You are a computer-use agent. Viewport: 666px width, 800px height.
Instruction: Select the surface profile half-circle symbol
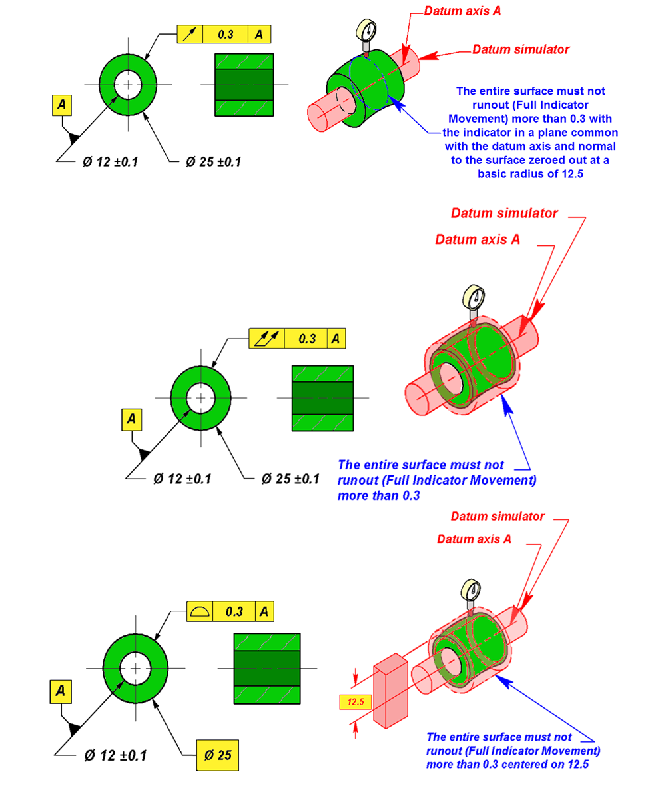coord(199,611)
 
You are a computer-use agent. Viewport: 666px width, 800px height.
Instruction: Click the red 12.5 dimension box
coord(354,701)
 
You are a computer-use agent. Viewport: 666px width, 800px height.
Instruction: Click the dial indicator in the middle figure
coord(474,297)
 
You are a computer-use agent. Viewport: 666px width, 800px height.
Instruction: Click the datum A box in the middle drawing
coord(132,419)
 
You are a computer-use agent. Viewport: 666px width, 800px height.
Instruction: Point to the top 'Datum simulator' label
coord(521,49)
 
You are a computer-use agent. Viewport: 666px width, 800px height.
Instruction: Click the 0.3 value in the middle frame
coord(307,339)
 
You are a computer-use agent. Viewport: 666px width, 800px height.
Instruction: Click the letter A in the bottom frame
coord(264,611)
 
